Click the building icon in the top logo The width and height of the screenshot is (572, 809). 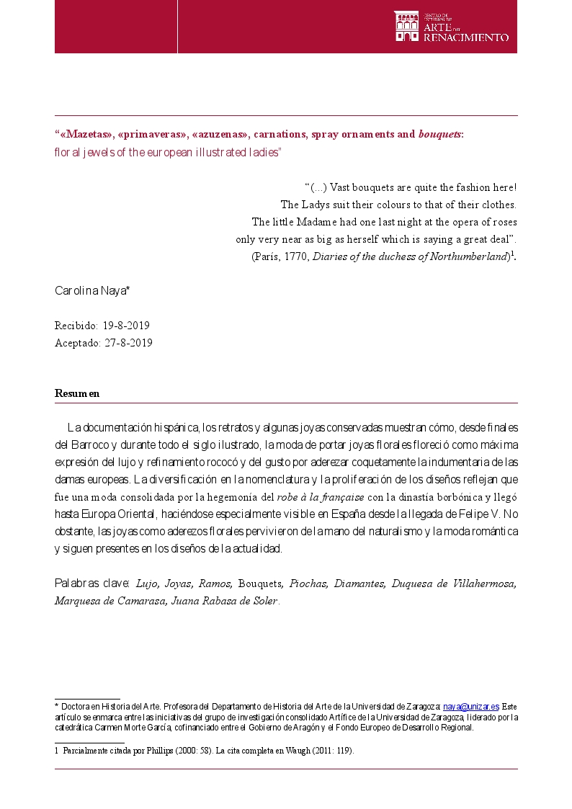click(406, 26)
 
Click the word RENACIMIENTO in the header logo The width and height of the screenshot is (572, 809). click(466, 37)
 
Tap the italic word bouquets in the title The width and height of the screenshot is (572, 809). click(439, 134)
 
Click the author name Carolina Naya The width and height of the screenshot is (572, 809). click(92, 291)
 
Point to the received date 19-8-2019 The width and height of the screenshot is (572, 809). click(126, 326)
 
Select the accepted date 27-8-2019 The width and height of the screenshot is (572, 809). click(129, 343)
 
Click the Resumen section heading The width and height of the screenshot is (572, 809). click(77, 393)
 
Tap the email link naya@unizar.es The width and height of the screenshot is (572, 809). click(471, 707)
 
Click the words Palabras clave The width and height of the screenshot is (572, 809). click(92, 583)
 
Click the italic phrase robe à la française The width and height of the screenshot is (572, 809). click(321, 496)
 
